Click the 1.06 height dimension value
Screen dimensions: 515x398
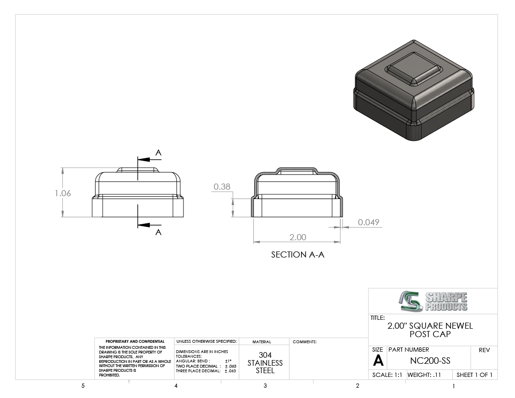pyautogui.click(x=63, y=193)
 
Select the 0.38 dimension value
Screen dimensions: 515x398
pyautogui.click(x=222, y=186)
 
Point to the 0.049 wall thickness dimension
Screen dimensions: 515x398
pyautogui.click(x=368, y=222)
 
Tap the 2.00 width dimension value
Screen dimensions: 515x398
pyautogui.click(x=298, y=237)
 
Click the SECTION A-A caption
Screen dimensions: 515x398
pyautogui.click(x=298, y=255)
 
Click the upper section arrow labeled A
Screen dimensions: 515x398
pyautogui.click(x=149, y=160)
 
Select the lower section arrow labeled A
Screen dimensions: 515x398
pyautogui.click(x=149, y=225)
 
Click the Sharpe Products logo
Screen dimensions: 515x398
pyautogui.click(x=433, y=301)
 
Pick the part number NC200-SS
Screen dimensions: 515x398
pyautogui.click(x=430, y=361)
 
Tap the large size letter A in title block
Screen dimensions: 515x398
pyautogui.click(x=378, y=361)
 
